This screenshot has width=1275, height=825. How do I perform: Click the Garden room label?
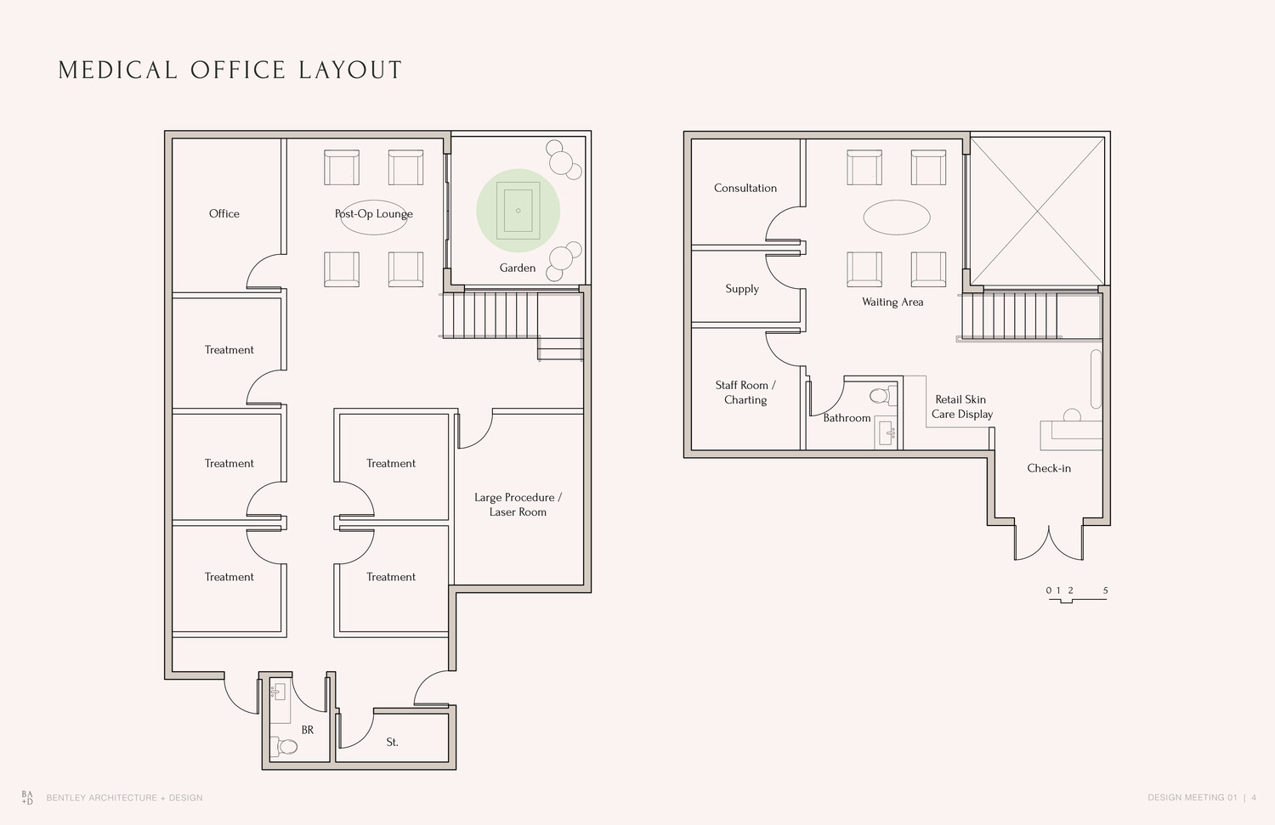point(518,268)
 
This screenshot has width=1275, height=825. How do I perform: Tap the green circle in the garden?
point(518,211)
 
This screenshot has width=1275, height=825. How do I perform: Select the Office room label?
point(224,213)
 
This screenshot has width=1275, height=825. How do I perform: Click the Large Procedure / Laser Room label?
point(518,504)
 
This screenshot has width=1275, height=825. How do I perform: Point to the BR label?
point(308,730)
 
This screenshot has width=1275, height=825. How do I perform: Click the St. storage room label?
point(392,742)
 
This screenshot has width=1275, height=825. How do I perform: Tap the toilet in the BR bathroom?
point(283,747)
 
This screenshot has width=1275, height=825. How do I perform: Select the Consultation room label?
point(745,188)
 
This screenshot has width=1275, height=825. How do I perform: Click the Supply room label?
point(742,289)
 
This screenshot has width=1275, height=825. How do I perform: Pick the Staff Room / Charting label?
point(745,392)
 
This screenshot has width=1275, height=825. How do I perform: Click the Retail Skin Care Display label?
point(962,406)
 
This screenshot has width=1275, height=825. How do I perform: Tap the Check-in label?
point(1049,467)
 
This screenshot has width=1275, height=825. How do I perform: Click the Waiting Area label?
point(892,302)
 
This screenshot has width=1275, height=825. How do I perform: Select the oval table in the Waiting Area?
point(897,218)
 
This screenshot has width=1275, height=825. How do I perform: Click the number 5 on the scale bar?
point(1105,590)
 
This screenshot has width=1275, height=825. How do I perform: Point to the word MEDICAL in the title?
point(118,70)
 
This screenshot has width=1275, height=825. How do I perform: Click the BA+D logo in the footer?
point(27,798)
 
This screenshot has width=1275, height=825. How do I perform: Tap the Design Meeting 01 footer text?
point(1193,798)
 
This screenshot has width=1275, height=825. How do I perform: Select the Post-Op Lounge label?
point(374,213)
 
